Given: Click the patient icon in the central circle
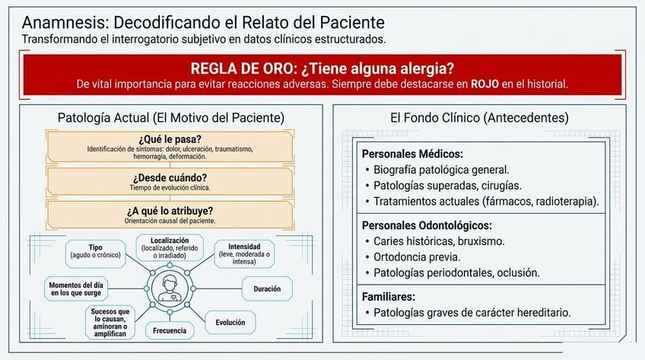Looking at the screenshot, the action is click(x=170, y=288).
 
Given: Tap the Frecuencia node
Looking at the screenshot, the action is click(x=170, y=330).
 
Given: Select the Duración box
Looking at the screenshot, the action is click(x=267, y=288).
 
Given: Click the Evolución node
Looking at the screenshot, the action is click(x=230, y=323).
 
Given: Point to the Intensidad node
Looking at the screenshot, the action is click(x=244, y=254).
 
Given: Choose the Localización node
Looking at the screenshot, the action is click(x=170, y=247).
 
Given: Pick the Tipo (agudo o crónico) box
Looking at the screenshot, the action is click(x=95, y=251).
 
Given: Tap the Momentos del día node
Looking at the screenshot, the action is click(x=76, y=288).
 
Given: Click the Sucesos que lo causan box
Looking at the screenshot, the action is click(x=110, y=323).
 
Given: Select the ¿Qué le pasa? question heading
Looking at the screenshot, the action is click(x=170, y=139).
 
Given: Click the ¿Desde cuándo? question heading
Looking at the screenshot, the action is click(x=170, y=178).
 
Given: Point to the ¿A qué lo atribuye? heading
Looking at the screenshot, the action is click(x=170, y=211).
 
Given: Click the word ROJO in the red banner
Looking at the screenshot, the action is click(x=485, y=84).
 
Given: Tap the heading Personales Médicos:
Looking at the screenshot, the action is click(x=412, y=154).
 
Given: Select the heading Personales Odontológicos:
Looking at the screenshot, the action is click(x=427, y=225).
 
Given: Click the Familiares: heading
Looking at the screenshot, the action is click(x=389, y=297).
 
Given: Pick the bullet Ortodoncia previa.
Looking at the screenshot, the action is click(x=417, y=257).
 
